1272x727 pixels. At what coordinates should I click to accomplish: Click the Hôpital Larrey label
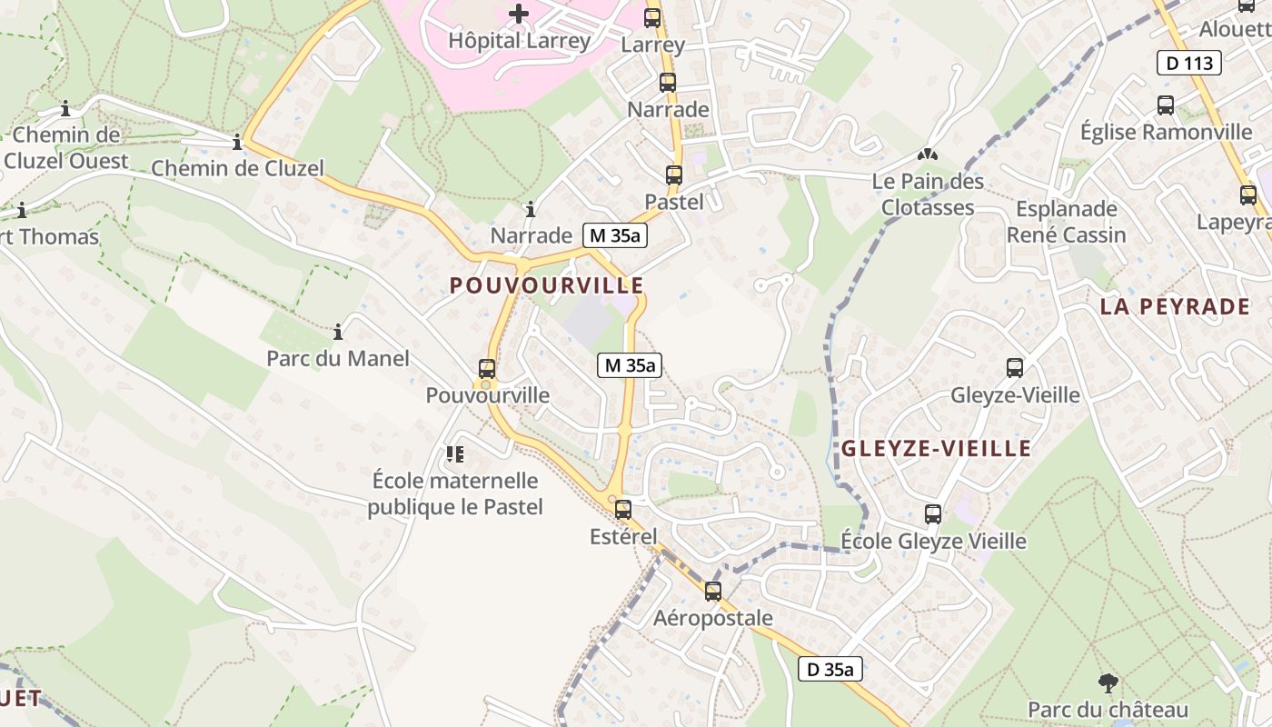tap(519, 41)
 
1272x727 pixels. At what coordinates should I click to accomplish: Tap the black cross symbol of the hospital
tap(519, 14)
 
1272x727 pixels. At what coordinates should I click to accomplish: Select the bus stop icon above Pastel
tap(673, 175)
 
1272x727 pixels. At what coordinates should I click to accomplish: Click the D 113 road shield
tap(1188, 63)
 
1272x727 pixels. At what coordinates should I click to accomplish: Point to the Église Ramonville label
tap(1166, 132)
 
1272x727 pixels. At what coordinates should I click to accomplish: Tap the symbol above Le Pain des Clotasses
tap(927, 155)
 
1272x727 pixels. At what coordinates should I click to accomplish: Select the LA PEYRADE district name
tap(1175, 306)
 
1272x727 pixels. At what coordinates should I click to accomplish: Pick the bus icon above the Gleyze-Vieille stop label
tap(1015, 368)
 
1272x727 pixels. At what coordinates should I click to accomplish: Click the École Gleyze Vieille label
tap(933, 542)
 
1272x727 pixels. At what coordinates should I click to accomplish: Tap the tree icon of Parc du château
tap(1108, 682)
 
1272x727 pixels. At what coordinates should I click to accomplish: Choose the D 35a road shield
tap(830, 670)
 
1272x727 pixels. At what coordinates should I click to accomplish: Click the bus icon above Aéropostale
tap(713, 592)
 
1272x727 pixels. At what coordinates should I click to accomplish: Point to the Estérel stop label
tap(623, 536)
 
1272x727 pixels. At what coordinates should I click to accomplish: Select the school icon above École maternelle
tap(454, 453)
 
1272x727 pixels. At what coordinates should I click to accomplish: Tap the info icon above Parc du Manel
tap(338, 333)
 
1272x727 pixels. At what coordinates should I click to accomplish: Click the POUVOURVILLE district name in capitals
tap(546, 285)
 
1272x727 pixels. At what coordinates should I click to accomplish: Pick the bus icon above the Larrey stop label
tap(652, 17)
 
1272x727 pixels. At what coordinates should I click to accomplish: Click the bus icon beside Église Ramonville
tap(1166, 105)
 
